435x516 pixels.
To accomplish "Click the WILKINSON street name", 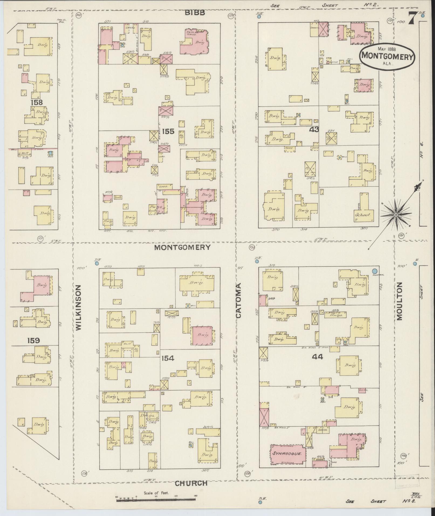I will [78, 307].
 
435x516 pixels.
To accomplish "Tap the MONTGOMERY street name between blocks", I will [182, 247].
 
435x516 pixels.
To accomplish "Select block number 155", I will [168, 132].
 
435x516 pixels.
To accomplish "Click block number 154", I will [168, 358].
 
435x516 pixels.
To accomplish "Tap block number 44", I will [317, 357].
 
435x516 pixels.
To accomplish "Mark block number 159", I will [33, 341].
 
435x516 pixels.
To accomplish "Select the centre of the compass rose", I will [396, 214].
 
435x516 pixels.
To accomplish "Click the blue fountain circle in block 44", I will [375, 271].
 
